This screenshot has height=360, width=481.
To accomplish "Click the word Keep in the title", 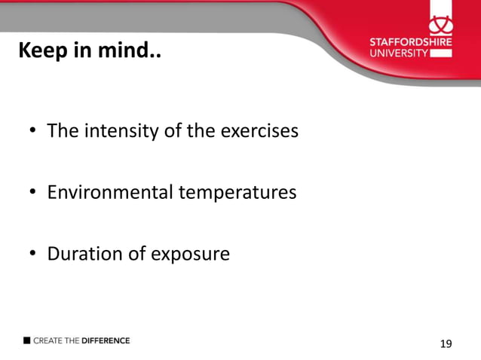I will [x=40, y=52].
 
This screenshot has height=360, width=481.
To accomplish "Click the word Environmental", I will [x=110, y=193].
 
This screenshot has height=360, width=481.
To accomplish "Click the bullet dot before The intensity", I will [x=33, y=133].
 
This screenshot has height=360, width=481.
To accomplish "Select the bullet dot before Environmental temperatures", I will [x=33, y=194].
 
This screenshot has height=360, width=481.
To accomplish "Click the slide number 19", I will [x=446, y=344].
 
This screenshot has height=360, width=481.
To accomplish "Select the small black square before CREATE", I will [x=27, y=340].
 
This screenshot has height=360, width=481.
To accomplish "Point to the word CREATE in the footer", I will [x=47, y=340].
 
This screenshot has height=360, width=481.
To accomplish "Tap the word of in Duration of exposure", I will [x=136, y=254].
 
